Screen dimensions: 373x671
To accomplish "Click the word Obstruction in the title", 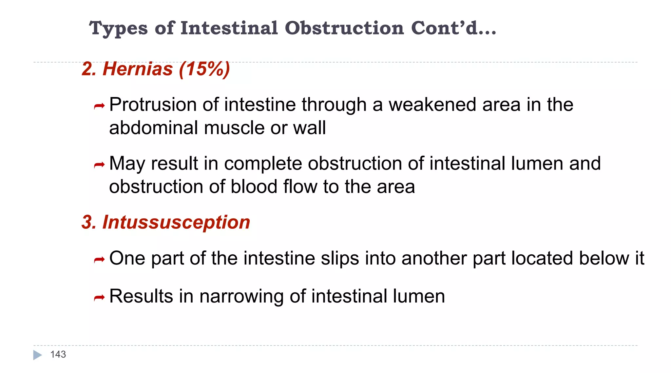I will coord(344,28).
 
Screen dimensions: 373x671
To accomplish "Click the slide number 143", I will coord(58,354).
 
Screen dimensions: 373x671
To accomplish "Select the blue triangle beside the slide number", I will coord(37,355).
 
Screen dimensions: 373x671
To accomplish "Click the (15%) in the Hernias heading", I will coord(204,69).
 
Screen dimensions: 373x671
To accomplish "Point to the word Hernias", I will coord(138,69).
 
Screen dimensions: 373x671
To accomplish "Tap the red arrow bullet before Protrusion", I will coord(99,106).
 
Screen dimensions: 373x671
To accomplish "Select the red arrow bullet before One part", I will coord(99,260).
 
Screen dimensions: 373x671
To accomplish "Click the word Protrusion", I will coord(153,105).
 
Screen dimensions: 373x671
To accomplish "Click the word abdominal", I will coord(153,128).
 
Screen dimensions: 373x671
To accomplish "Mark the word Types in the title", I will coord(118,29).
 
